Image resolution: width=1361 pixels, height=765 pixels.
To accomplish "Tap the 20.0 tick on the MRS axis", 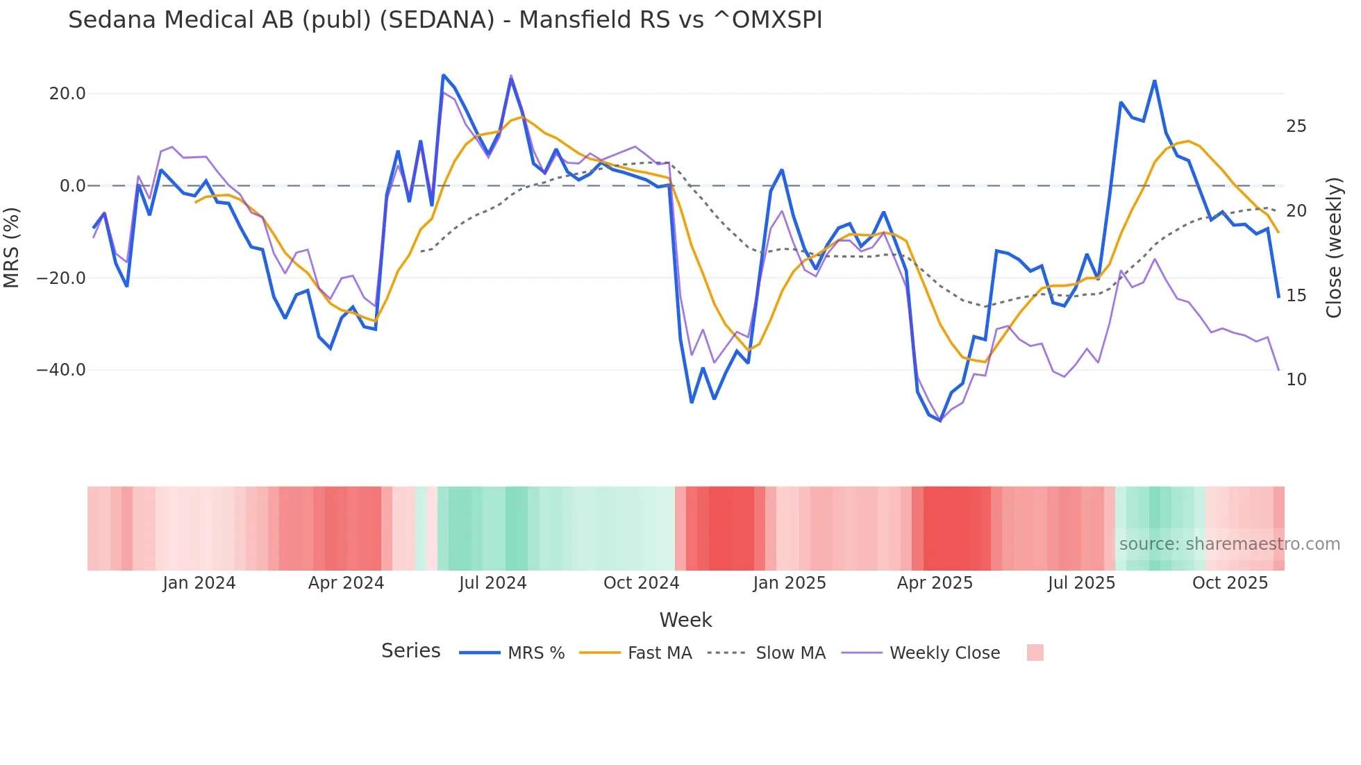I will (x=67, y=94).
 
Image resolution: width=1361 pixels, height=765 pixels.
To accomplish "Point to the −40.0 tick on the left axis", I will (x=61, y=370).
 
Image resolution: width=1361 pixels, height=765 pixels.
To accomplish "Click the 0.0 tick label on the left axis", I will (x=72, y=186).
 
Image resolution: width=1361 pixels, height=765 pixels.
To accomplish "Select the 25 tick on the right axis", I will (x=1296, y=126).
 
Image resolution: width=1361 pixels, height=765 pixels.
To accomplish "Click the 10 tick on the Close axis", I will (x=1296, y=380).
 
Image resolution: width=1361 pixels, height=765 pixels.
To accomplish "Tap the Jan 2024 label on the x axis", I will (x=199, y=583).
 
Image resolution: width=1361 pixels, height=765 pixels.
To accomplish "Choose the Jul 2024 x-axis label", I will (x=492, y=583).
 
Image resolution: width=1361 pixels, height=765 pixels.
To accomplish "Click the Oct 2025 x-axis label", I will (x=1230, y=583).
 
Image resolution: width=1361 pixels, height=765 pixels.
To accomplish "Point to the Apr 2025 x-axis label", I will (x=935, y=583).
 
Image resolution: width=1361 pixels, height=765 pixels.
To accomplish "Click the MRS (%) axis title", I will (x=12, y=248).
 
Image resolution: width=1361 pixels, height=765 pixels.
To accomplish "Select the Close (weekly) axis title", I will (x=1333, y=248).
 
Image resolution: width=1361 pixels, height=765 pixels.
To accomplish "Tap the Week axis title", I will (x=685, y=620).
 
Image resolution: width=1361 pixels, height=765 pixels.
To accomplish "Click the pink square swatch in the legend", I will (x=1035, y=653).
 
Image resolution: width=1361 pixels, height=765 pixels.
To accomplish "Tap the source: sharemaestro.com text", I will (x=1229, y=544).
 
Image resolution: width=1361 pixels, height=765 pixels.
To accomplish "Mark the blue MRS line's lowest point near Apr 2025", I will (x=940, y=420).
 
